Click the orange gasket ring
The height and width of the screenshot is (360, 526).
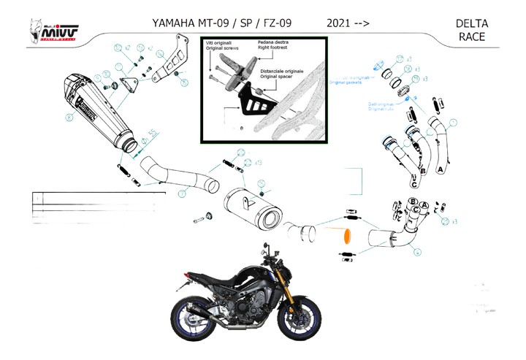(347, 236)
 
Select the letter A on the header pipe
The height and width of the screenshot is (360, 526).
(440, 167)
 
